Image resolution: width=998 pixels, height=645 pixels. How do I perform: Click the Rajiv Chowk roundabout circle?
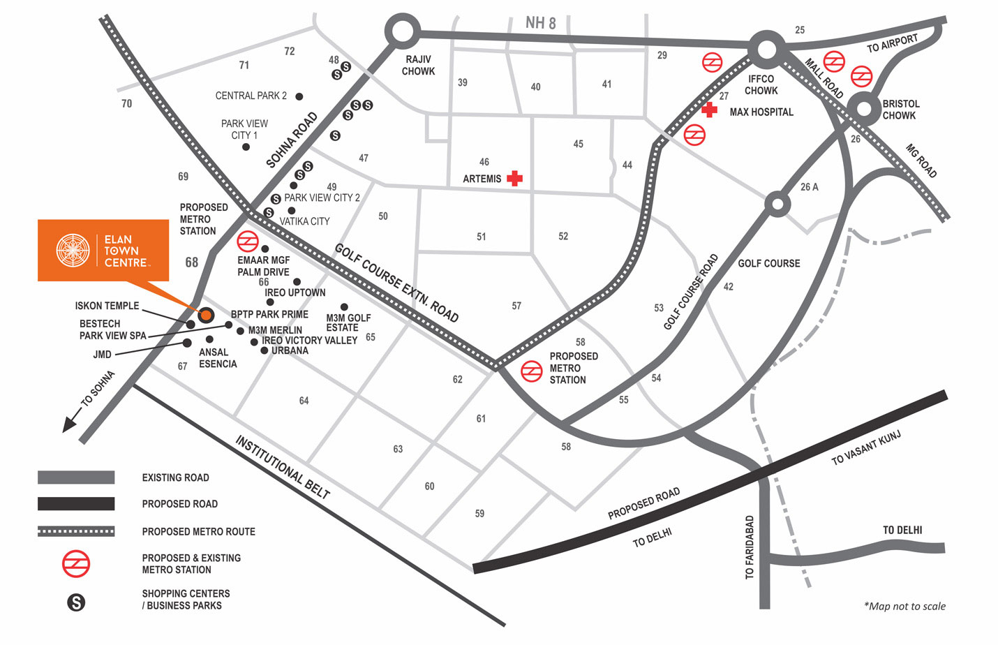click(x=403, y=31)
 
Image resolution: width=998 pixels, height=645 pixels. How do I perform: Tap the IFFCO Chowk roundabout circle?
click(x=766, y=49)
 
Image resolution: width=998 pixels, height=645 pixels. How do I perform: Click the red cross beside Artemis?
click(x=515, y=178)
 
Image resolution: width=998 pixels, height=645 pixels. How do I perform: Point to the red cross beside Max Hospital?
click(x=709, y=110)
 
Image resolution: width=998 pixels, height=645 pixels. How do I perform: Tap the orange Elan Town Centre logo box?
click(x=103, y=251)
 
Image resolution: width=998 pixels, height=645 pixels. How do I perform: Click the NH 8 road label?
click(x=541, y=23)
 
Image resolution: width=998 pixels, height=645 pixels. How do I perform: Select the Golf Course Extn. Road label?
click(x=396, y=282)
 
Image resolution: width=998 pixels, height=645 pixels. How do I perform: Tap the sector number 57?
click(x=516, y=306)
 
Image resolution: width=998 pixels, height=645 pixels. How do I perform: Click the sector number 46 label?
click(x=484, y=161)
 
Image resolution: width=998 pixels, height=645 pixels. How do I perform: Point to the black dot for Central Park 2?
click(x=299, y=96)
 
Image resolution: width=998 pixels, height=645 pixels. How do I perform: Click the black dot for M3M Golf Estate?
click(x=344, y=307)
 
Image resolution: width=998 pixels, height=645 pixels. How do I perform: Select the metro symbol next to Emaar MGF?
click(x=248, y=242)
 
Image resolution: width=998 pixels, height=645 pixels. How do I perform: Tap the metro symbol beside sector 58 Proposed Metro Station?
click(x=532, y=371)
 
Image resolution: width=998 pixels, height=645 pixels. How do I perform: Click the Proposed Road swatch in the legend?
click(x=76, y=503)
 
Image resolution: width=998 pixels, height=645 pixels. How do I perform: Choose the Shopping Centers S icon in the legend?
click(x=76, y=602)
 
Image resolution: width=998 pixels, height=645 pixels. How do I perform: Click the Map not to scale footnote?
click(x=904, y=606)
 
